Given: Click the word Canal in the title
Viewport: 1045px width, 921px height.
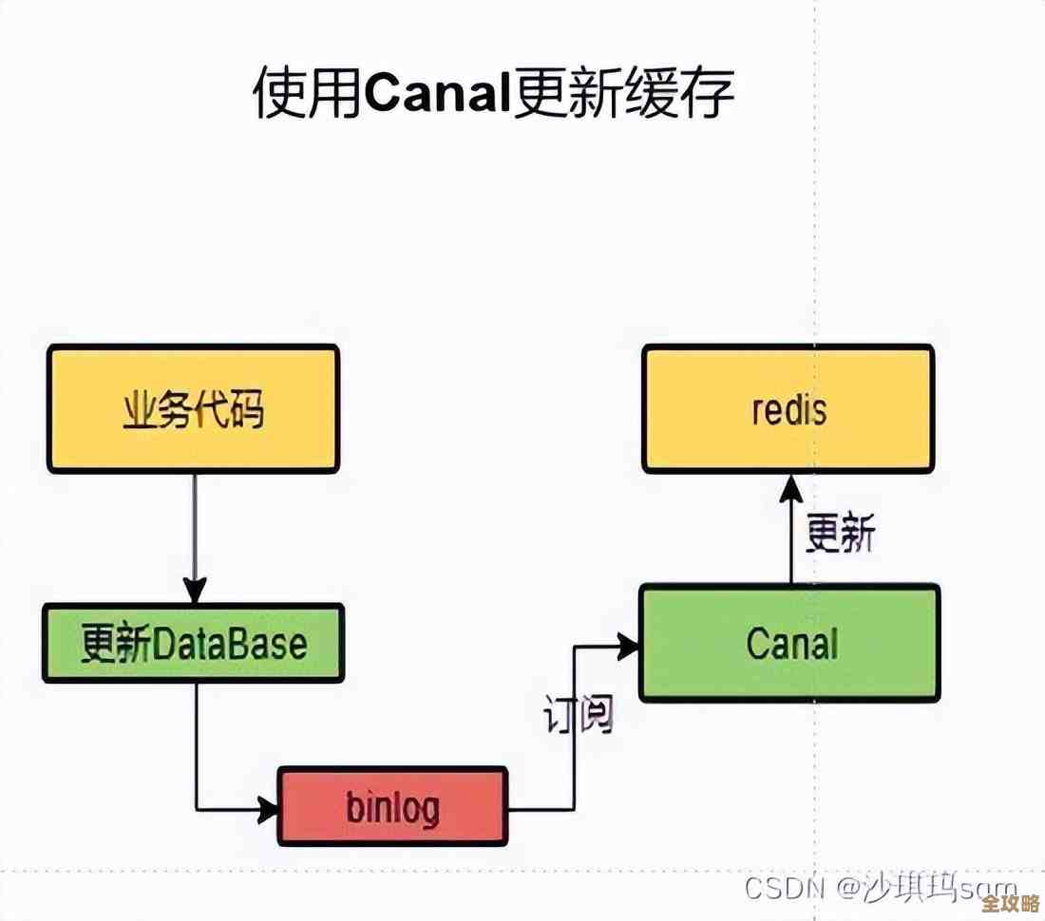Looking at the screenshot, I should pyautogui.click(x=436, y=94).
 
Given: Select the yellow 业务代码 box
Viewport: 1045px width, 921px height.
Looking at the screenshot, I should pyautogui.click(x=193, y=409).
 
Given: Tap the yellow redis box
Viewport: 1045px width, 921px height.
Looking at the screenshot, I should pyautogui.click(x=788, y=409).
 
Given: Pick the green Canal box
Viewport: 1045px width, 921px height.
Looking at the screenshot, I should pyautogui.click(x=789, y=644).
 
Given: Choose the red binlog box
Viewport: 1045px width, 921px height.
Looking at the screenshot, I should pyautogui.click(x=392, y=806).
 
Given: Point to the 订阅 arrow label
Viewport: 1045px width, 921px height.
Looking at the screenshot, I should pyautogui.click(x=578, y=714).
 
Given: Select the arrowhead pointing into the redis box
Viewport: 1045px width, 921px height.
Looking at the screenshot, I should pyautogui.click(x=790, y=488).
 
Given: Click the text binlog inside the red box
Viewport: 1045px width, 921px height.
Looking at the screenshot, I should pyautogui.click(x=392, y=807).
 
